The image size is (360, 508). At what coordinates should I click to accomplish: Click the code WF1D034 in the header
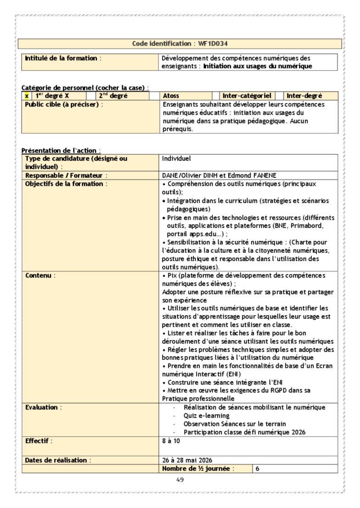click(x=213, y=44)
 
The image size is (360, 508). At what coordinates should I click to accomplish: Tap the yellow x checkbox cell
click(x=27, y=96)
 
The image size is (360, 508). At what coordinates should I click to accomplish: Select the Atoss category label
click(x=171, y=96)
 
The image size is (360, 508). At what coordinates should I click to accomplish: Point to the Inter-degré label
click(x=304, y=96)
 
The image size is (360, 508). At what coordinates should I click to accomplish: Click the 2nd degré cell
click(x=113, y=96)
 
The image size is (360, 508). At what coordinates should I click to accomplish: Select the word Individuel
click(x=176, y=159)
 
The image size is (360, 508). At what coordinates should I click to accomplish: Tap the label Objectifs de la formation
click(x=64, y=184)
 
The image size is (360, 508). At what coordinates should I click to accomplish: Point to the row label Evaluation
click(x=42, y=407)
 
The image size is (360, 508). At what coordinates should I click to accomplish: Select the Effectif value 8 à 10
click(x=171, y=441)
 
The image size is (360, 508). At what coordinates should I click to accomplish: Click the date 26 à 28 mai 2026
click(x=187, y=460)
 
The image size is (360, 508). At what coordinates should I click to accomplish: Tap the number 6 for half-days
click(x=257, y=469)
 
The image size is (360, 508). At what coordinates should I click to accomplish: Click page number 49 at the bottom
click(x=180, y=480)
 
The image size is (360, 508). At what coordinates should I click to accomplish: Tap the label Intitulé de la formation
click(x=61, y=58)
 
